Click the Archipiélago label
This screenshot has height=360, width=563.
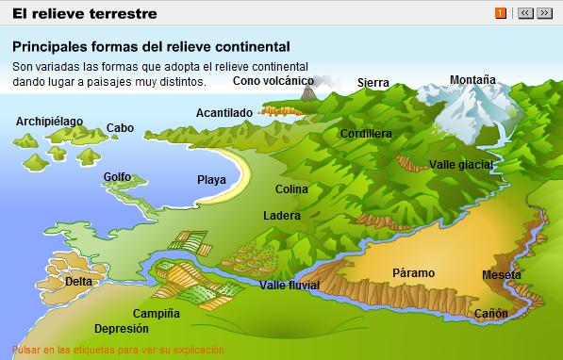49,122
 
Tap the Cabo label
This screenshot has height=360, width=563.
120,128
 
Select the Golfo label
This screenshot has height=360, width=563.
117,177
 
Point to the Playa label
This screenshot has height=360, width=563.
211,180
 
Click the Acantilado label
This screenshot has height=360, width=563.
224,113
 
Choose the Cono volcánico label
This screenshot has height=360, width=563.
273,81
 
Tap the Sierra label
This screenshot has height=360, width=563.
373,83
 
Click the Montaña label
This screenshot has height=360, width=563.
472,80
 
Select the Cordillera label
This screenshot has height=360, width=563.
366,134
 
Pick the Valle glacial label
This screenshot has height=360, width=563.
461,165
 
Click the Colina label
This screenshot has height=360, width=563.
291,189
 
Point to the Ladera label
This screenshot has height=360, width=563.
282,216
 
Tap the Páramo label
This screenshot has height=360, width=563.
413,273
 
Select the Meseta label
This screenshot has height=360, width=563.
501,275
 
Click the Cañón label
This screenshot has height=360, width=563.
490,314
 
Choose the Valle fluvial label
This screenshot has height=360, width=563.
290,286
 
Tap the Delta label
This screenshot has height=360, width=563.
78,281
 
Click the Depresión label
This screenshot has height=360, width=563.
122,329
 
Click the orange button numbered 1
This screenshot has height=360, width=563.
501,13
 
